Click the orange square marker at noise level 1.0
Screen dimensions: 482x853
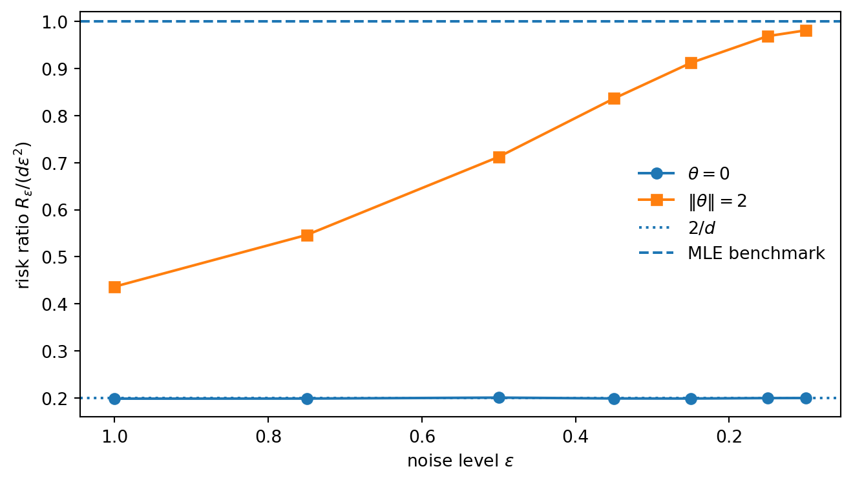coord(114,287)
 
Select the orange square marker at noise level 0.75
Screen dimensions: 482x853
coord(307,235)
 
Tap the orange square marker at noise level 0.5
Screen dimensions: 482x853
coord(499,157)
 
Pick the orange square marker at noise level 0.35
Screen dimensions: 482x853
coord(614,98)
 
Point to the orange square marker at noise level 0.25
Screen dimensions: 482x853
coord(691,63)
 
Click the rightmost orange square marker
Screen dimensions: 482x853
coord(806,30)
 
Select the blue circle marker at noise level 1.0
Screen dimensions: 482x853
coord(114,399)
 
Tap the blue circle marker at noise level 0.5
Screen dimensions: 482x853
coord(499,397)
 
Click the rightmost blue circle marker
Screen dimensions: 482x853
coord(806,398)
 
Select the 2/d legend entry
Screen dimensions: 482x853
coord(701,227)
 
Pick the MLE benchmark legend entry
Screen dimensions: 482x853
coord(756,253)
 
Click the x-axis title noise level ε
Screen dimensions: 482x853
coord(460,461)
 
